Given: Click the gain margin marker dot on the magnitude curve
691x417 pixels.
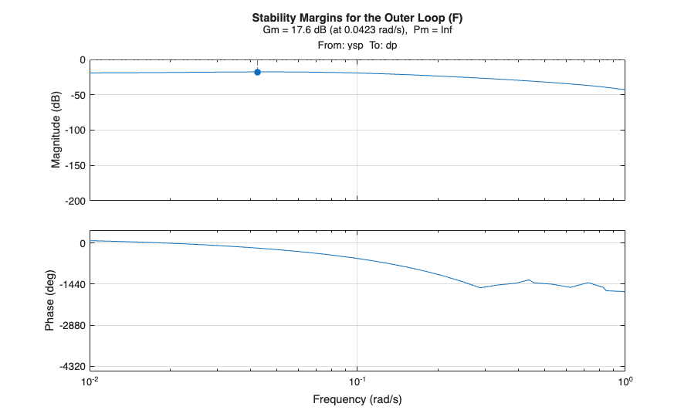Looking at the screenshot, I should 257,72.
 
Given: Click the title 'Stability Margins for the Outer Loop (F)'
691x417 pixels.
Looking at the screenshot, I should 357,18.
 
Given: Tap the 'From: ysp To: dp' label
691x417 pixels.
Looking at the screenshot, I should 357,46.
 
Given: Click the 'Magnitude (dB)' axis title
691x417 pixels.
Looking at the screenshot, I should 56,131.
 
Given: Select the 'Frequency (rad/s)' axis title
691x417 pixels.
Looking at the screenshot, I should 357,399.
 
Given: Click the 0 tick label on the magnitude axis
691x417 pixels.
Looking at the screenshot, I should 82,60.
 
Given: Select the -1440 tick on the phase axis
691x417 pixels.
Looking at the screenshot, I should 71,284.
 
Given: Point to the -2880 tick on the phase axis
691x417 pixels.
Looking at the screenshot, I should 71,325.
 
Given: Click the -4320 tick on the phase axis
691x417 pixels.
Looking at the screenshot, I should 71,367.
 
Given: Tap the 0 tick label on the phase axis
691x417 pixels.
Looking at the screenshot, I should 82,242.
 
